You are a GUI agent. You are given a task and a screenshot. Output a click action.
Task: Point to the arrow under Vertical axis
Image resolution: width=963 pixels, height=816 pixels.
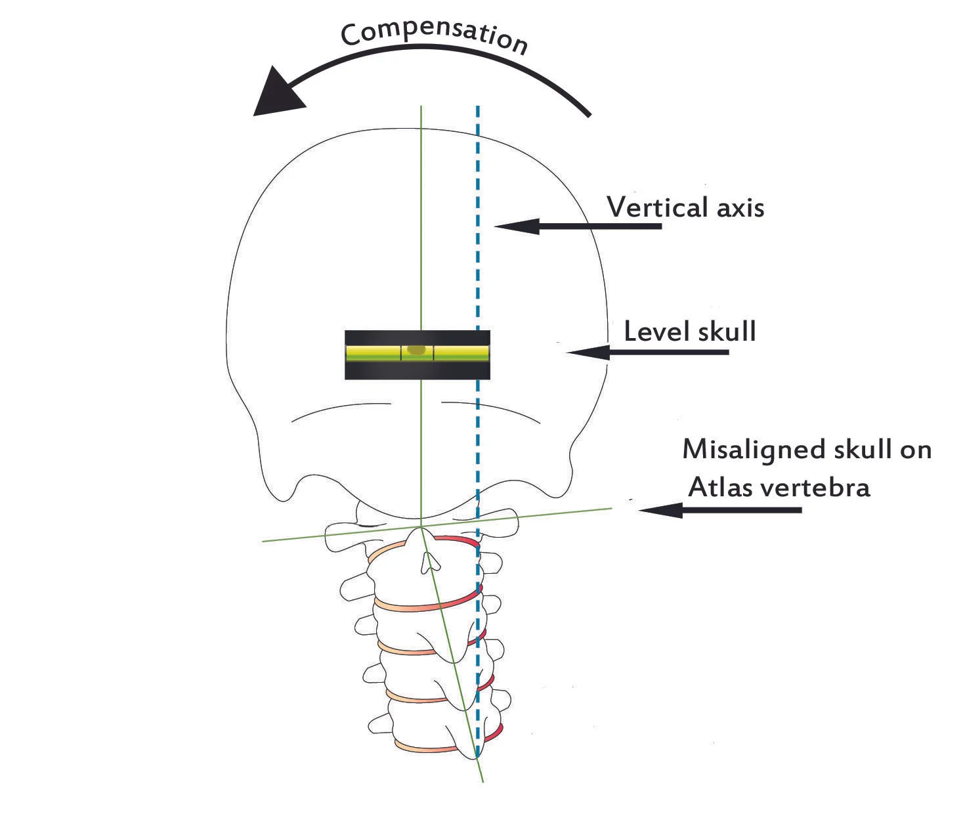[578, 226]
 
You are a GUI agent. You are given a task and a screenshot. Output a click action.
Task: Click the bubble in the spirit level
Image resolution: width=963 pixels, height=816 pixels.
[416, 350]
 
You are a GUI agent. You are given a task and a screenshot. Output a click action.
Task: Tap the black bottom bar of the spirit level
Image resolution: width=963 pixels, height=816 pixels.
[417, 371]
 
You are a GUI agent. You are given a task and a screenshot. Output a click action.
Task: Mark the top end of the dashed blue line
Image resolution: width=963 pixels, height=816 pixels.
[477, 108]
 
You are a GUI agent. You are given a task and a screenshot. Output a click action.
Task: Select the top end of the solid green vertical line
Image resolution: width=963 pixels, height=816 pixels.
[421, 107]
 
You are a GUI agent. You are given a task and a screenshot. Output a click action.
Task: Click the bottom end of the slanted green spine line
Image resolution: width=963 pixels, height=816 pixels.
[483, 781]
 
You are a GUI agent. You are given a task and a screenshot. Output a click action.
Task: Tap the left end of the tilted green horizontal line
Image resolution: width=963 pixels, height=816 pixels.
[263, 542]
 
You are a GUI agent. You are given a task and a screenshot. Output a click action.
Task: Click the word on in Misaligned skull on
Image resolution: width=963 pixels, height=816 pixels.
[915, 450]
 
